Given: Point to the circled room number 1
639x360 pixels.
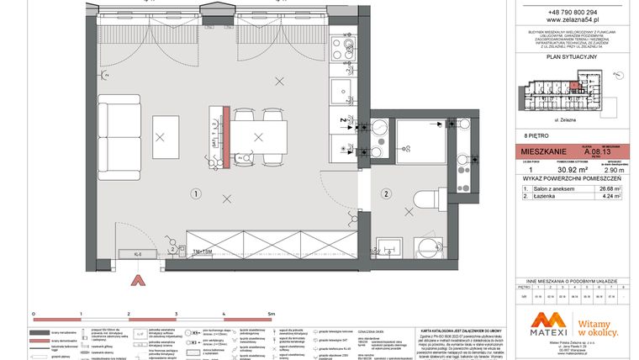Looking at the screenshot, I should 194,193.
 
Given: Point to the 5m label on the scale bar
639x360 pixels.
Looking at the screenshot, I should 271,313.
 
